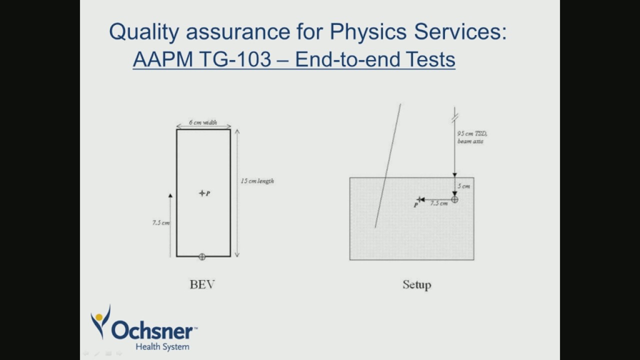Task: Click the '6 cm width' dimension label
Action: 203,122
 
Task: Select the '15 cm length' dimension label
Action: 257,181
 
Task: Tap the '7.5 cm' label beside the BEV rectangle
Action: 160,223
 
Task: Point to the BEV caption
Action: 202,285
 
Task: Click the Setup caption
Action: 416,285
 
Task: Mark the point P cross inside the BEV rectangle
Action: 201,193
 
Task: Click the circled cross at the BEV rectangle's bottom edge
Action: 202,257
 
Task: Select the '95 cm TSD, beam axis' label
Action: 471,137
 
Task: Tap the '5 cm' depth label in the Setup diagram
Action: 464,186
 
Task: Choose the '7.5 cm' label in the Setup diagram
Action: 438,203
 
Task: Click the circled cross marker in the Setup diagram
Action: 454,199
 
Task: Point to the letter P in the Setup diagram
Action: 415,205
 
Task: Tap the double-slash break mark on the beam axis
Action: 454,118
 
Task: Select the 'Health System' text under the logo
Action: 162,346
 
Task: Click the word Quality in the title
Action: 143,32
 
